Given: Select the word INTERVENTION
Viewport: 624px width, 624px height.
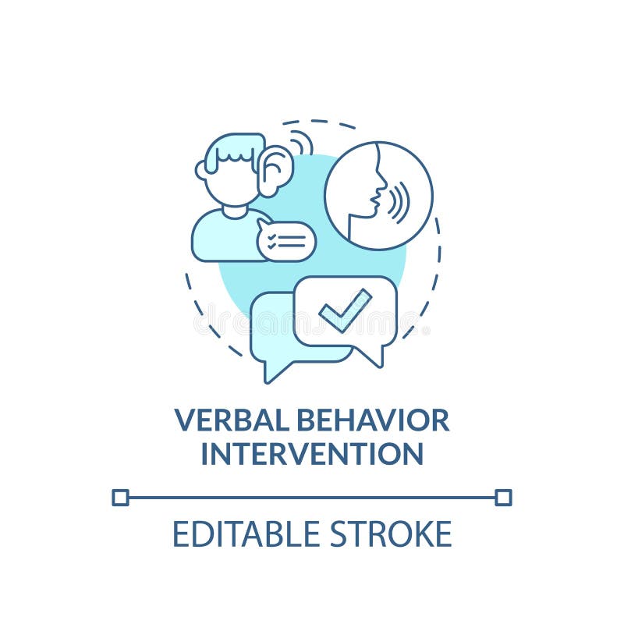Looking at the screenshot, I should [312, 454].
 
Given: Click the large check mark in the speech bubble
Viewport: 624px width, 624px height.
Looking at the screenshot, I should [345, 310].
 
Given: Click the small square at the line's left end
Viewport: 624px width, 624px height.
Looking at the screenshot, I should [120, 497].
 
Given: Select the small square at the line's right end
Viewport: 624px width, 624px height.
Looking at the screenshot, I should [503, 497].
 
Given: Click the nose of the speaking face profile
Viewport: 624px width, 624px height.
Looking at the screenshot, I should [381, 187].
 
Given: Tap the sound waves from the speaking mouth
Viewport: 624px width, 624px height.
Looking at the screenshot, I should [399, 201].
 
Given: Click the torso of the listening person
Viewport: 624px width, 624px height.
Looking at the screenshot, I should [222, 238].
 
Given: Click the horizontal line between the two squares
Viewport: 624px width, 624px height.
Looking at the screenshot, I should [312, 497].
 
